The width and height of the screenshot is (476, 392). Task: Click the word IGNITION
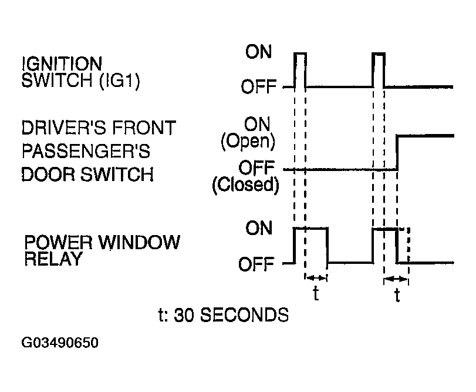click(x=62, y=63)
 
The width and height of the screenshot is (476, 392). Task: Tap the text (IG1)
click(x=120, y=81)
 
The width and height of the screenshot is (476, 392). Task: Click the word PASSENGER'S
click(x=86, y=150)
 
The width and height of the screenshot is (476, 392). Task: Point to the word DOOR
click(x=48, y=174)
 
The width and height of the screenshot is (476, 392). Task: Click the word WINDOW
click(x=140, y=242)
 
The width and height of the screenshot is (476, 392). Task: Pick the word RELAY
click(x=53, y=259)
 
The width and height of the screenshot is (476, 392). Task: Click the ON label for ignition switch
click(x=258, y=51)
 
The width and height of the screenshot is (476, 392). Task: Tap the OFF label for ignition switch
click(x=259, y=86)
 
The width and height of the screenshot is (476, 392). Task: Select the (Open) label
click(x=248, y=141)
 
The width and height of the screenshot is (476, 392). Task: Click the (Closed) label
click(x=245, y=185)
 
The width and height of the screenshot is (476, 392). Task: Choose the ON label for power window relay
click(x=259, y=228)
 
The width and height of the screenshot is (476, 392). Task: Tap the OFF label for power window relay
click(x=256, y=264)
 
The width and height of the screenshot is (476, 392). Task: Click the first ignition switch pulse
click(x=301, y=53)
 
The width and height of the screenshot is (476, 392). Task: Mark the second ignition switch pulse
click(x=379, y=53)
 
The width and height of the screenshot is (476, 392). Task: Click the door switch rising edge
click(x=397, y=153)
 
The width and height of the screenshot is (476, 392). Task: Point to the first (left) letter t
click(x=316, y=293)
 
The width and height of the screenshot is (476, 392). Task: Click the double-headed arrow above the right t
click(x=396, y=279)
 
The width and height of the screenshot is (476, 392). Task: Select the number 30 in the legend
click(x=183, y=315)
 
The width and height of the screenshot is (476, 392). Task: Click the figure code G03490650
click(x=60, y=343)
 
